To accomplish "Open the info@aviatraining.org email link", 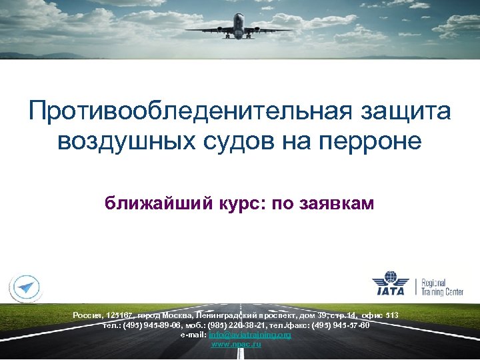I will pyautogui.click(x=250, y=335).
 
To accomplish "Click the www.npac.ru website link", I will pyautogui.click(x=236, y=344).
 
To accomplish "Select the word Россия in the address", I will pyautogui.click(x=87, y=315).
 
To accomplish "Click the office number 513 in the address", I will pyautogui.click(x=393, y=315).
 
